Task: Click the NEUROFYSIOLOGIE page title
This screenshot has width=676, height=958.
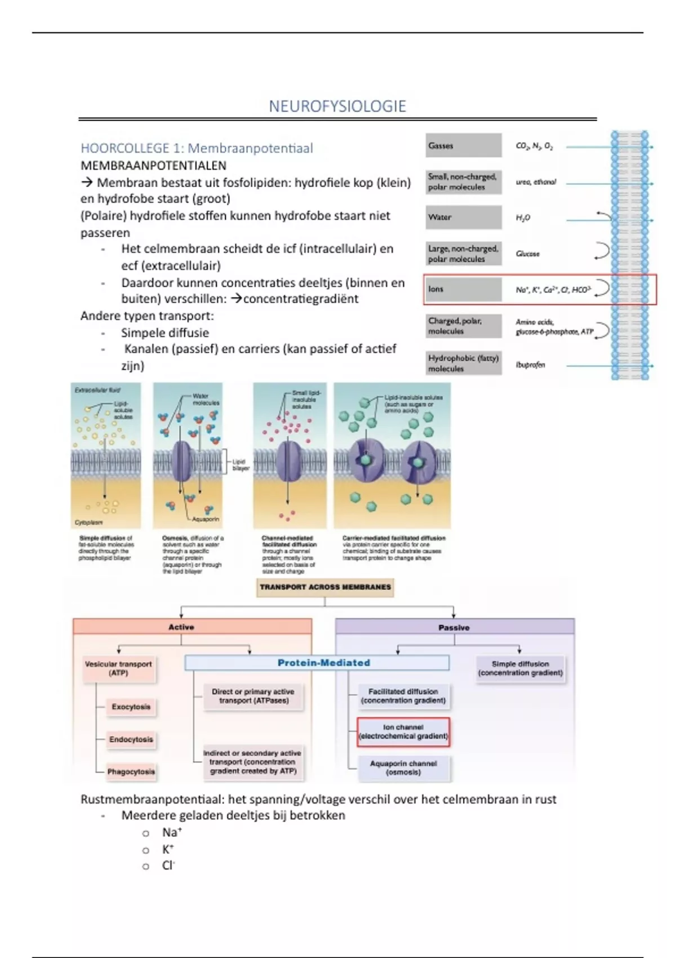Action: click(337, 106)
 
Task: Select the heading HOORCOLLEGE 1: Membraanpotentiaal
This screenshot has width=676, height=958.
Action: click(197, 148)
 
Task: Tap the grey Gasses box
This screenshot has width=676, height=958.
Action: click(463, 145)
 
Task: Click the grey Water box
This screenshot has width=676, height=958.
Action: click(463, 217)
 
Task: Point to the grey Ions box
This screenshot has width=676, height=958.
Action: click(463, 289)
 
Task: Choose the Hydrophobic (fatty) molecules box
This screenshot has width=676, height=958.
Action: click(463, 363)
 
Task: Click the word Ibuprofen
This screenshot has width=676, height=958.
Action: click(530, 365)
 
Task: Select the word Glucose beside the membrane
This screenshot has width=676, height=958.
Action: click(527, 254)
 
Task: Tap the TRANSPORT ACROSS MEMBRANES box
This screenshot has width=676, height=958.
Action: click(325, 587)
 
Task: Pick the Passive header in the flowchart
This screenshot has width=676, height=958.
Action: click(454, 627)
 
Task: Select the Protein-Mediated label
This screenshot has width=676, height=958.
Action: click(323, 663)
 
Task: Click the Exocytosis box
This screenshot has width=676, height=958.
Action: click(131, 707)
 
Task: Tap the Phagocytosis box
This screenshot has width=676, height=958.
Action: click(131, 771)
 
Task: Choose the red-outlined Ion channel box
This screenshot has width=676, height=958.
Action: click(403, 731)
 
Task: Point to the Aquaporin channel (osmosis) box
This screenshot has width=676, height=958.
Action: click(403, 768)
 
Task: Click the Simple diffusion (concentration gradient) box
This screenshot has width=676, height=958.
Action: click(520, 668)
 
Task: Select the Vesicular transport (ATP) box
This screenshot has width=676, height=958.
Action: click(118, 668)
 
